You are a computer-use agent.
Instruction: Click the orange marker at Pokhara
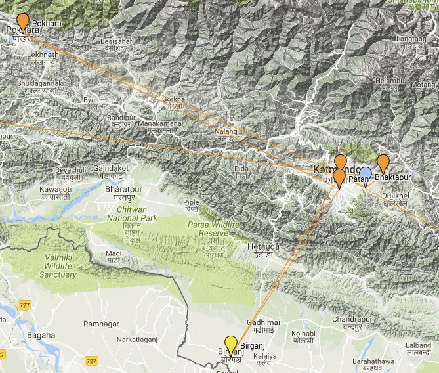coord(23,22)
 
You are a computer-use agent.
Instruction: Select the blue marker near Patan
coord(366,174)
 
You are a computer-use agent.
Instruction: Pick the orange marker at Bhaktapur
coord(383,162)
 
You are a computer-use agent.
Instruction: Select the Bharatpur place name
coord(123,189)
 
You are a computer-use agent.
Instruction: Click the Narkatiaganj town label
coord(138,340)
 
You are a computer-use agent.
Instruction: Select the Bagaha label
coord(41,335)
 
